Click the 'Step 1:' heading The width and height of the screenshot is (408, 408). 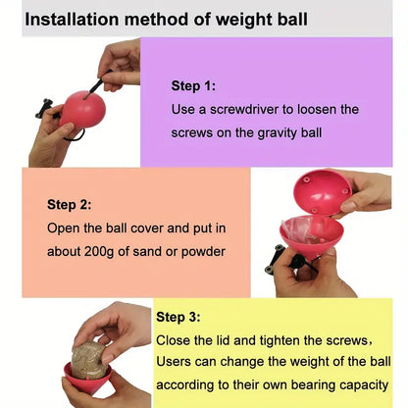pyautogui.click(x=193, y=85)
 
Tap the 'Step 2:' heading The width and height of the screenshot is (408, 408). pyautogui.click(x=69, y=205)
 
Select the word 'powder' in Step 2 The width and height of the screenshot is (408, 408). pyautogui.click(x=202, y=250)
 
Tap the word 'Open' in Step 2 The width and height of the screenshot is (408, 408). pyautogui.click(x=66, y=228)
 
